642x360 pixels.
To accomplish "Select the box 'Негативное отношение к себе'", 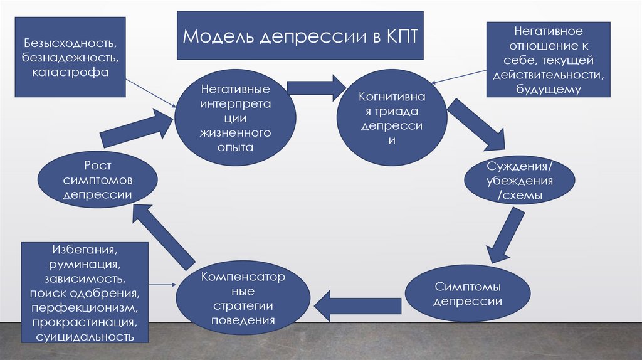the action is pyautogui.click(x=549, y=60).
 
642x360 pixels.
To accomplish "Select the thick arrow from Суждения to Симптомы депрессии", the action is pyautogui.click(x=505, y=235).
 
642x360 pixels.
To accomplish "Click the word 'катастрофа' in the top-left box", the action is pyautogui.click(x=71, y=72).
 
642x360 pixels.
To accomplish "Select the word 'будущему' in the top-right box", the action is pyautogui.click(x=549, y=88).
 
